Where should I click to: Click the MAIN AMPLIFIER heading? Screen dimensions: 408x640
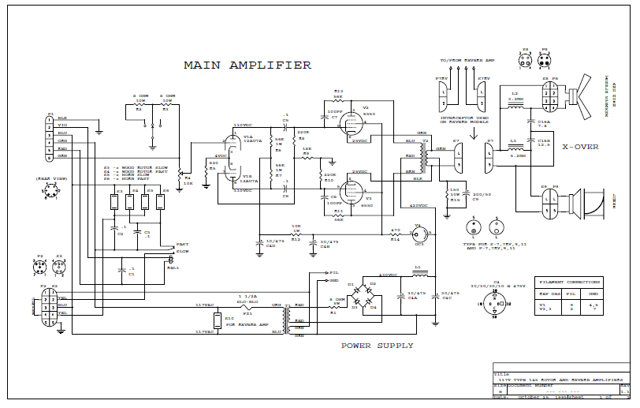[x=247, y=66]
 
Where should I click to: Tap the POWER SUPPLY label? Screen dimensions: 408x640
[x=377, y=346]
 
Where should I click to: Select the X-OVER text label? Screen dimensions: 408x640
[x=580, y=147]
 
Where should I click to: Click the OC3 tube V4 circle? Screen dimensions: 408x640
[x=419, y=234]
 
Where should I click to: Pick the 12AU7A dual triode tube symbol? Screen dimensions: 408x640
[x=232, y=161]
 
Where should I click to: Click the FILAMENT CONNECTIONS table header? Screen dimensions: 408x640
[x=569, y=281]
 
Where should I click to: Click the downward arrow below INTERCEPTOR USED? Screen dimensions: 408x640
[x=472, y=133]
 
